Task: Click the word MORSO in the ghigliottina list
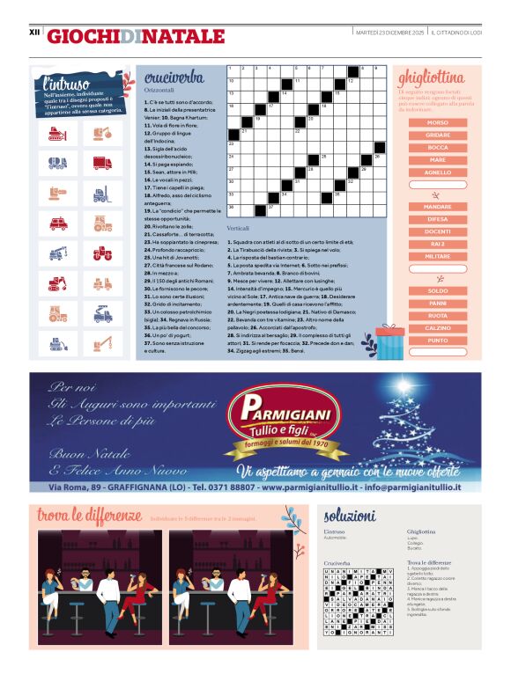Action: pyautogui.click(x=437, y=122)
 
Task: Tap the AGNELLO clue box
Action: pyautogui.click(x=437, y=172)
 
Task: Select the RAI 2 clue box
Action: pyautogui.click(x=437, y=243)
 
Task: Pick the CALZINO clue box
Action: pyautogui.click(x=437, y=327)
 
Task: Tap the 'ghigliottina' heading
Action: pyautogui.click(x=432, y=77)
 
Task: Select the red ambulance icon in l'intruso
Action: pyautogui.click(x=59, y=223)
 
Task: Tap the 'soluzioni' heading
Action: pyautogui.click(x=350, y=516)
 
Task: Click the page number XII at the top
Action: pyautogui.click(x=35, y=33)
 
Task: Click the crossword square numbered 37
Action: pyautogui.click(x=273, y=209)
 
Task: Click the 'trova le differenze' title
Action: pyautogui.click(x=88, y=514)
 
